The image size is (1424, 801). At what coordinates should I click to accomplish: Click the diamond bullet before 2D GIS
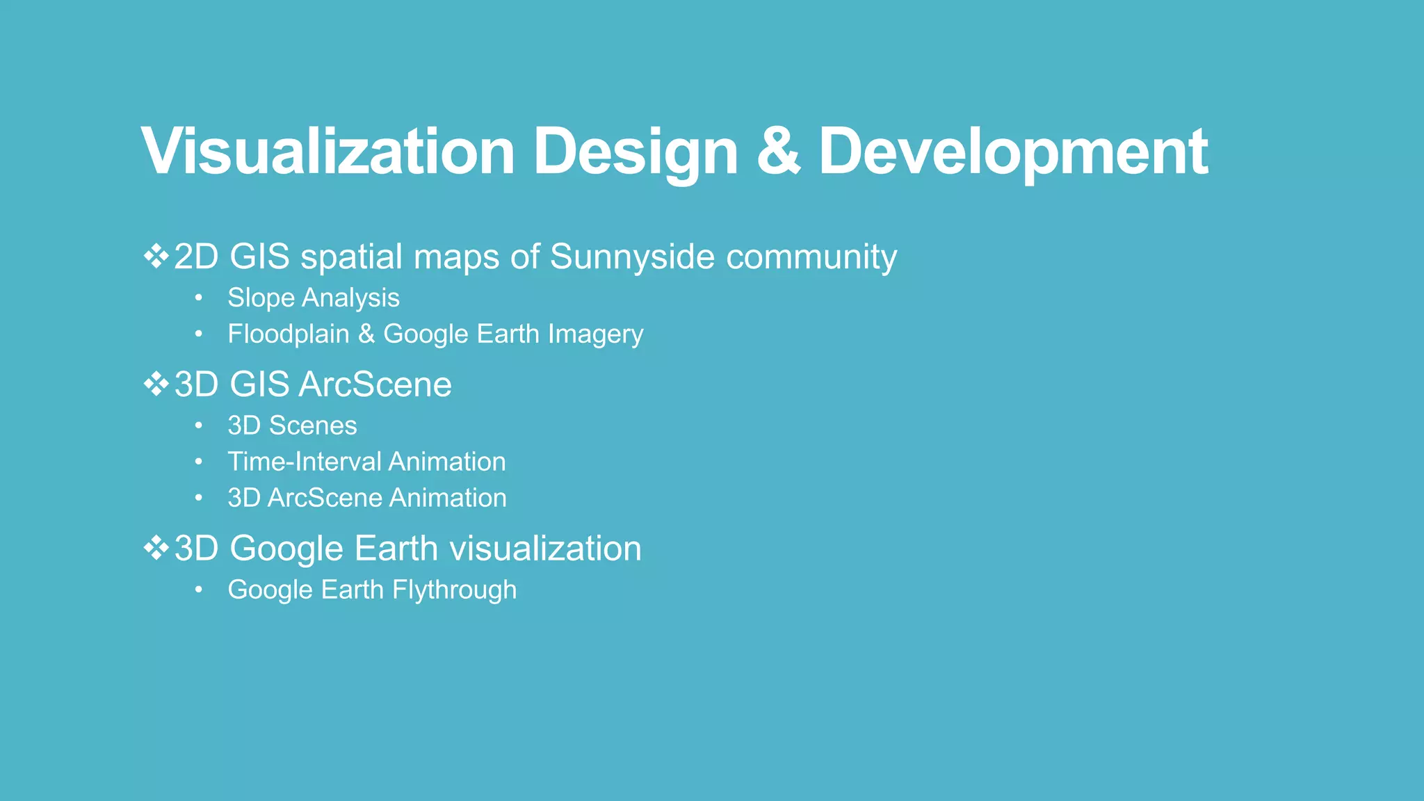point(156,256)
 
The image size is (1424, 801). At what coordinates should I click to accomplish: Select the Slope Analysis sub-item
point(313,298)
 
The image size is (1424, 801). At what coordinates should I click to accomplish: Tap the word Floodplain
point(288,334)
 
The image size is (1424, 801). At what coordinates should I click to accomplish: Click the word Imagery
point(594,334)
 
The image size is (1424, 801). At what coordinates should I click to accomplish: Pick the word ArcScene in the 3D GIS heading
point(375,385)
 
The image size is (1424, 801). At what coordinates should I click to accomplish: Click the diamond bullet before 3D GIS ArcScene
point(156,384)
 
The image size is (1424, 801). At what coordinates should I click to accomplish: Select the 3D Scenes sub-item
point(292,426)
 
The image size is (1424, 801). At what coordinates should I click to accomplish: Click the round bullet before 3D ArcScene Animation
point(199,498)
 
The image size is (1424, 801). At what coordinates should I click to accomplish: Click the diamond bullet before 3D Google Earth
point(156,548)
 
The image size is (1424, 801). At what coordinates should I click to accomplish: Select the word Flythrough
point(454,590)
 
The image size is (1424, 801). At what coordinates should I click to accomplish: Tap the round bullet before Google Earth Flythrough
point(199,590)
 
